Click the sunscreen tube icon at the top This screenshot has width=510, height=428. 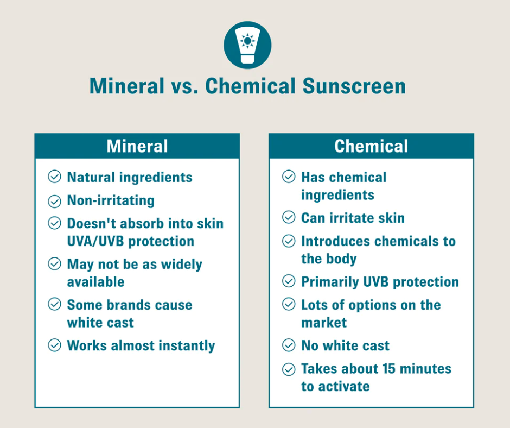pyautogui.click(x=247, y=45)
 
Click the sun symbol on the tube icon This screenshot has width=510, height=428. pyautogui.click(x=247, y=41)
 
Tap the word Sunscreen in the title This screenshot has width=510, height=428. pyautogui.click(x=354, y=86)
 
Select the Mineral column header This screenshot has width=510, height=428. pyautogui.click(x=137, y=146)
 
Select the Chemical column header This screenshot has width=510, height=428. pyautogui.click(x=371, y=146)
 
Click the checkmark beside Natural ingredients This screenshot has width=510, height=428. pyautogui.click(x=54, y=177)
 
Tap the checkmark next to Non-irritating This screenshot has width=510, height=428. pyautogui.click(x=54, y=202)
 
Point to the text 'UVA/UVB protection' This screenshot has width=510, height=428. pyautogui.click(x=130, y=241)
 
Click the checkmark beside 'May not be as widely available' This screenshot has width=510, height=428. pyautogui.click(x=54, y=263)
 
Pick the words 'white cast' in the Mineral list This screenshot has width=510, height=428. pyautogui.click(x=100, y=323)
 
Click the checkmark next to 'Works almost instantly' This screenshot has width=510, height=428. pyautogui.click(x=54, y=345)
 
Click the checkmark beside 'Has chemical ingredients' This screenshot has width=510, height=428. pyautogui.click(x=289, y=177)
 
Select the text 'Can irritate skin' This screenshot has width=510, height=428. pyautogui.click(x=353, y=218)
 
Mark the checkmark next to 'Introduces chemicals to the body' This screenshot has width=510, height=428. pyautogui.click(x=289, y=241)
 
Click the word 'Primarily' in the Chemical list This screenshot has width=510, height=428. pyautogui.click(x=330, y=282)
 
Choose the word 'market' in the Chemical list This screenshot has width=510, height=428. pyautogui.click(x=324, y=323)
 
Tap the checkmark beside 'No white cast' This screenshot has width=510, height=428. pyautogui.click(x=289, y=345)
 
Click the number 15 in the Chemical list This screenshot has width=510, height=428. pyautogui.click(x=388, y=369)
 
